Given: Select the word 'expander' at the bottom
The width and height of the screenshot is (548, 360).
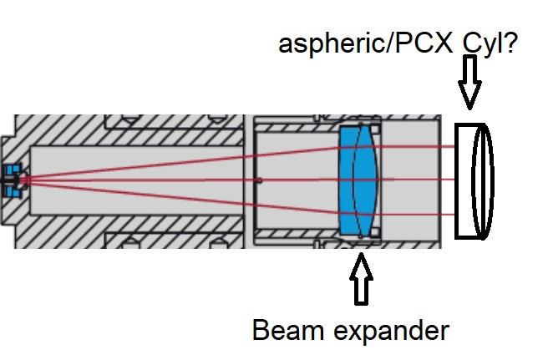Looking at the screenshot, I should coord(392,332).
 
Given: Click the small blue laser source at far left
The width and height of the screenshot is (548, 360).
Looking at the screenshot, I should coord(11,180).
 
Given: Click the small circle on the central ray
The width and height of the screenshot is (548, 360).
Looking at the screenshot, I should coord(261,180).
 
